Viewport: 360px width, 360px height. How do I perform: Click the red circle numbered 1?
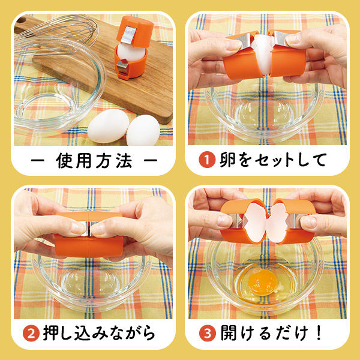[x=206, y=160]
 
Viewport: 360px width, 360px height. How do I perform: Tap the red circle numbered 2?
[x=31, y=333]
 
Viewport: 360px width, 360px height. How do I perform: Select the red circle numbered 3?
[x=207, y=333]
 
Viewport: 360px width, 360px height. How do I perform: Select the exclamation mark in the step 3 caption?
[x=325, y=333]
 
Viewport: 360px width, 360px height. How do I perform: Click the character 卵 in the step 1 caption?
[x=226, y=160]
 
